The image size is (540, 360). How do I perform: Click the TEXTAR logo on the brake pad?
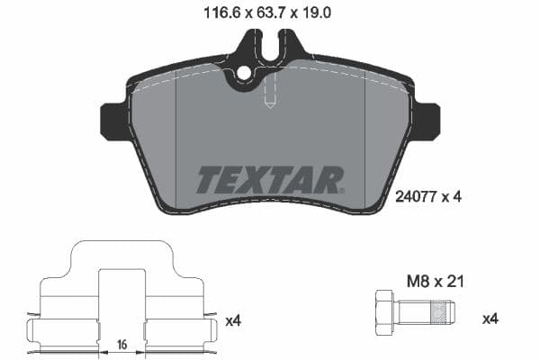click(x=269, y=180)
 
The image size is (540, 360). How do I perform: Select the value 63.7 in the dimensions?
click(x=269, y=13)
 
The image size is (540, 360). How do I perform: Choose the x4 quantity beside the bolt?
click(x=490, y=319)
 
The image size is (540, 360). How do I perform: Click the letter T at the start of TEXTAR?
click(x=209, y=180)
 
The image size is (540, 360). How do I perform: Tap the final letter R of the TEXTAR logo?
click(x=330, y=180)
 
